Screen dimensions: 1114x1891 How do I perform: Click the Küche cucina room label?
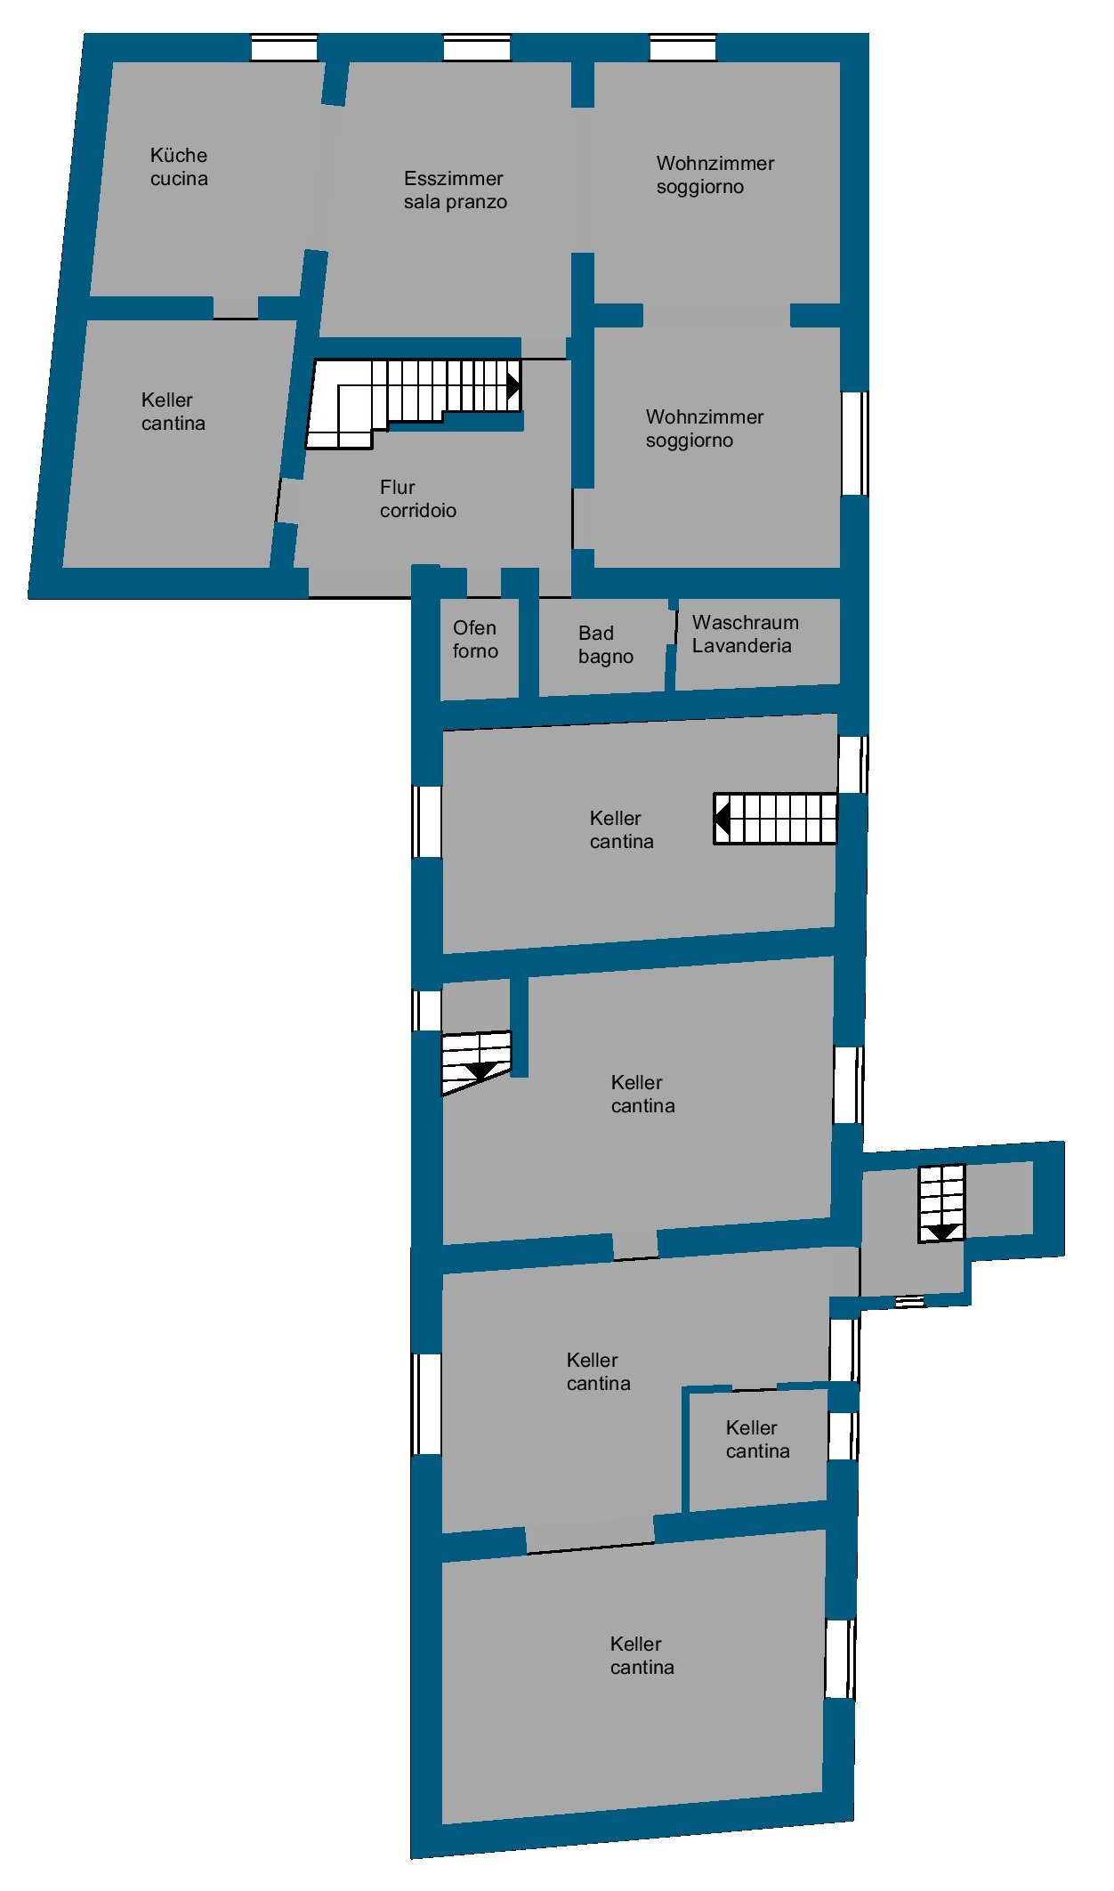tap(179, 166)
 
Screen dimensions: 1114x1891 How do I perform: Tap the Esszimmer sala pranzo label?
tap(455, 190)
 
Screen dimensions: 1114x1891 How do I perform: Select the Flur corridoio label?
tap(417, 498)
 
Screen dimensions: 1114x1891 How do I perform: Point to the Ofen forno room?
tap(480, 647)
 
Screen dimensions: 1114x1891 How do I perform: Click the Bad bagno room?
tap(603, 647)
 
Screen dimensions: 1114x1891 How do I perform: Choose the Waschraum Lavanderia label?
tap(745, 634)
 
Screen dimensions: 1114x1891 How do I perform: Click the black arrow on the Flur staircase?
tap(513, 385)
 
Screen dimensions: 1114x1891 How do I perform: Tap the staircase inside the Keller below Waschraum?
tap(775, 819)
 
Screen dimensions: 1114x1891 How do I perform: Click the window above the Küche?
tap(284, 47)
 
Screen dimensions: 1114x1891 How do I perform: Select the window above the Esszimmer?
tap(477, 47)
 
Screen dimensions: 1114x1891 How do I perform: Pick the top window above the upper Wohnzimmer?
tap(682, 47)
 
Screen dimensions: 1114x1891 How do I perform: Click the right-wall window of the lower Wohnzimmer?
tap(855, 443)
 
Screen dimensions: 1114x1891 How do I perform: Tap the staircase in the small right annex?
tap(941, 1204)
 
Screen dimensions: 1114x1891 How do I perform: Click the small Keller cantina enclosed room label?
tap(757, 1439)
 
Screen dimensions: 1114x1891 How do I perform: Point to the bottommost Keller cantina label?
tap(642, 1655)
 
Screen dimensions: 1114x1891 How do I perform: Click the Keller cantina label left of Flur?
tap(173, 411)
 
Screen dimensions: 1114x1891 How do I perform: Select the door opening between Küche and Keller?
tap(236, 308)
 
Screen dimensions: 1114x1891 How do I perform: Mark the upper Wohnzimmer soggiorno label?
tap(714, 174)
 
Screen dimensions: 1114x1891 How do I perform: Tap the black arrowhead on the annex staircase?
tap(941, 1232)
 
